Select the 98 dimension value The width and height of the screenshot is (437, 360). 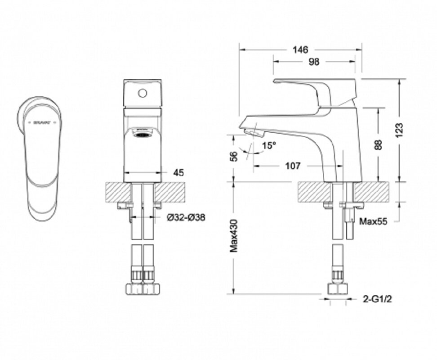[x=314, y=62]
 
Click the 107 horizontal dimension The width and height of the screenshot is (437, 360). [x=293, y=166]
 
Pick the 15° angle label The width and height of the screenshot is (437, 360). [x=268, y=145]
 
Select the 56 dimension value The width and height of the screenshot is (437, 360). [x=233, y=156]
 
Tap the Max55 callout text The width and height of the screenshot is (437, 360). [x=373, y=220]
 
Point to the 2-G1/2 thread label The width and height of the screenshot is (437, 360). [x=375, y=298]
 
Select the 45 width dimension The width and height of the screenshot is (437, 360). [x=178, y=172]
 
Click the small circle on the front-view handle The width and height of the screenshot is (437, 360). [x=143, y=94]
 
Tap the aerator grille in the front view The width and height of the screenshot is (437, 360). [x=143, y=135]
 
